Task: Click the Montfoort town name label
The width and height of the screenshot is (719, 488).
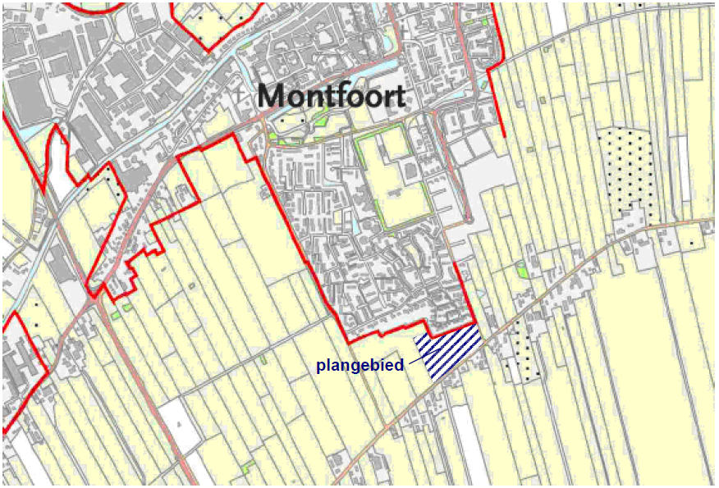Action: coord(331,97)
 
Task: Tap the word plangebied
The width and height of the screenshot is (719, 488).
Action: coord(360,366)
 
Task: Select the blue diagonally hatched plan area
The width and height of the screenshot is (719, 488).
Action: coord(448,351)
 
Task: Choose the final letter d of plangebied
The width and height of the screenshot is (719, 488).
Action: coord(400,366)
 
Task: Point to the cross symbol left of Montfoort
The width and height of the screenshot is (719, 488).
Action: coord(239,97)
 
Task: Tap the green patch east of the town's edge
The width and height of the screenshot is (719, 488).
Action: coord(522,268)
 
